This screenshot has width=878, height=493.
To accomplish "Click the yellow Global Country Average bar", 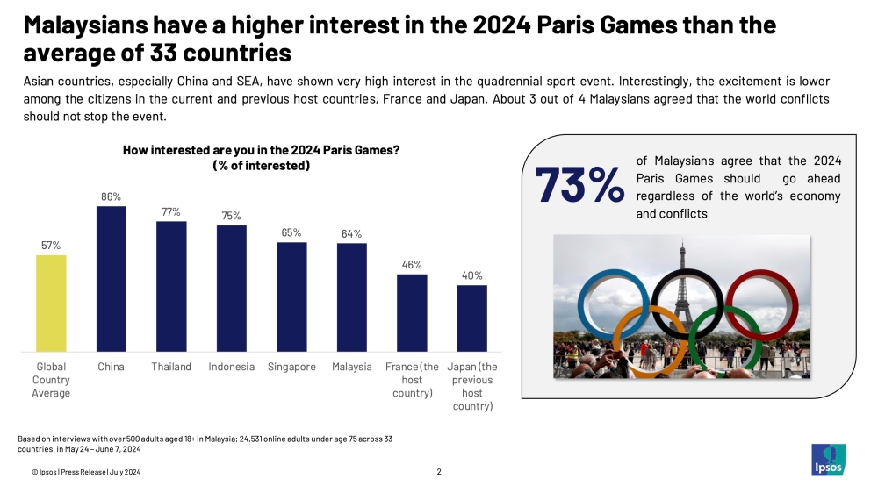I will [52, 303].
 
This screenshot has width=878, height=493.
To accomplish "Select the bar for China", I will [112, 279].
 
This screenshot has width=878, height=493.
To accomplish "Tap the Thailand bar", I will [171, 286].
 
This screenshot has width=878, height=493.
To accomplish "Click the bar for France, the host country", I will [412, 312].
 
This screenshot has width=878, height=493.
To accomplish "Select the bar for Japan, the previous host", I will [472, 318].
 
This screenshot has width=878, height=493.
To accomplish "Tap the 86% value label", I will [112, 197].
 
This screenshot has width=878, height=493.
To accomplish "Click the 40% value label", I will [472, 275].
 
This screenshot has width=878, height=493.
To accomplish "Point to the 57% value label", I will [52, 246].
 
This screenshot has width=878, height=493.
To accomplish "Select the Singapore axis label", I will [291, 367].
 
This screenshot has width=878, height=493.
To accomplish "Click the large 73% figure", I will [579, 185].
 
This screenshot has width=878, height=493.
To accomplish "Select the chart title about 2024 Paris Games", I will [262, 157].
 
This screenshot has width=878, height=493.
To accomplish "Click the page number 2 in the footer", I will [439, 472].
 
